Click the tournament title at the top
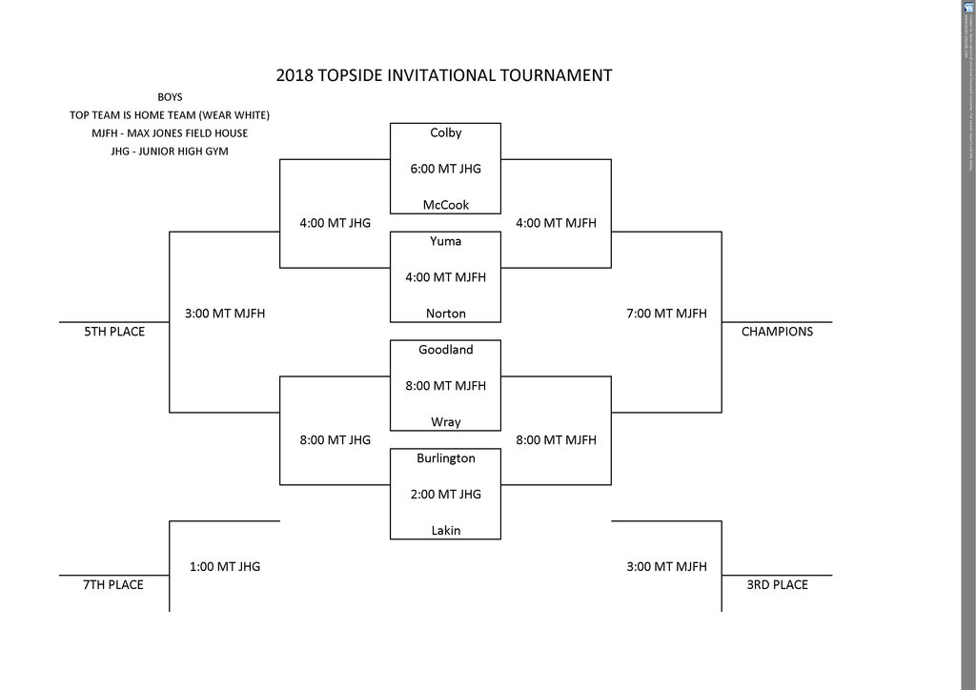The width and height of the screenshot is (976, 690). [x=443, y=74]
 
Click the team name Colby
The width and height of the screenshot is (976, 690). [x=445, y=132]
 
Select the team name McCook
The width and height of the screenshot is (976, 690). [x=445, y=205]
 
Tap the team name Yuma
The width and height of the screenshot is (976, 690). [x=445, y=241]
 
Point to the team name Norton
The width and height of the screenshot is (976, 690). [x=445, y=314]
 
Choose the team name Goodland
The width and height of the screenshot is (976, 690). [x=445, y=350]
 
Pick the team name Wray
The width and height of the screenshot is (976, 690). [x=445, y=422]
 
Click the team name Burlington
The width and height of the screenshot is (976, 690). [x=445, y=458]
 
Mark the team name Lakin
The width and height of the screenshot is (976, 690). [x=445, y=531]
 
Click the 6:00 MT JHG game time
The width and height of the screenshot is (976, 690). [x=445, y=169]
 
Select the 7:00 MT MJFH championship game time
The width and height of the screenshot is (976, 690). [x=666, y=313]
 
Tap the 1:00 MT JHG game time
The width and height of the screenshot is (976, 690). [x=224, y=566]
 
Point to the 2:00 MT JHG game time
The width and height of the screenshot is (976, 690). [x=445, y=495]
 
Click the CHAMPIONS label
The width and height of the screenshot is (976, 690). [x=777, y=333]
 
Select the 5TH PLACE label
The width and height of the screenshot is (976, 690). [x=114, y=333]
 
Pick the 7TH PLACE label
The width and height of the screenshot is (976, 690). [x=114, y=585]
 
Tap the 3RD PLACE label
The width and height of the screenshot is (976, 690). [x=777, y=585]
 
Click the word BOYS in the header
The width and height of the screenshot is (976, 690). [x=170, y=96]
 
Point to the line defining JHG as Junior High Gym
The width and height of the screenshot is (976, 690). [x=170, y=151]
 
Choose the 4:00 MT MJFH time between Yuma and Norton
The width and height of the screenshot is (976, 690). [x=445, y=277]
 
